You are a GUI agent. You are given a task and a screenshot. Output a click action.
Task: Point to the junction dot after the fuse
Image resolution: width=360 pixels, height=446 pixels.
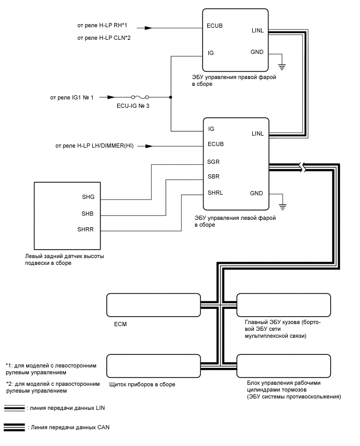click(x=171, y=97)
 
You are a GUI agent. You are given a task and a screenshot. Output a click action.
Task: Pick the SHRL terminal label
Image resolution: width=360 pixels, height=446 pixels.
click(x=216, y=193)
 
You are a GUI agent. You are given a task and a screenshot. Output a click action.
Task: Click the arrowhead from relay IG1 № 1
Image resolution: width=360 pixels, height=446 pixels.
click(x=111, y=97)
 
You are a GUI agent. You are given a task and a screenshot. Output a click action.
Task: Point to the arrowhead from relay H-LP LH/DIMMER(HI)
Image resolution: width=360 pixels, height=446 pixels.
click(x=149, y=146)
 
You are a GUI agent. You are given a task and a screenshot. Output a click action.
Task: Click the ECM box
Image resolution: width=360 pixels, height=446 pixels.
click(x=153, y=304)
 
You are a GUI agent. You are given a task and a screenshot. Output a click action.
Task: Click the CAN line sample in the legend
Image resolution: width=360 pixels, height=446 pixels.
click(x=14, y=427)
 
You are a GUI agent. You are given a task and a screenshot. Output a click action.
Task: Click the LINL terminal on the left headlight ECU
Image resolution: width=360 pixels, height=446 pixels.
click(x=257, y=134)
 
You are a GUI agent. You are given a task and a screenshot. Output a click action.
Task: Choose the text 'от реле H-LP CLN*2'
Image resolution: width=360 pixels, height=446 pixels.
click(x=104, y=38)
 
